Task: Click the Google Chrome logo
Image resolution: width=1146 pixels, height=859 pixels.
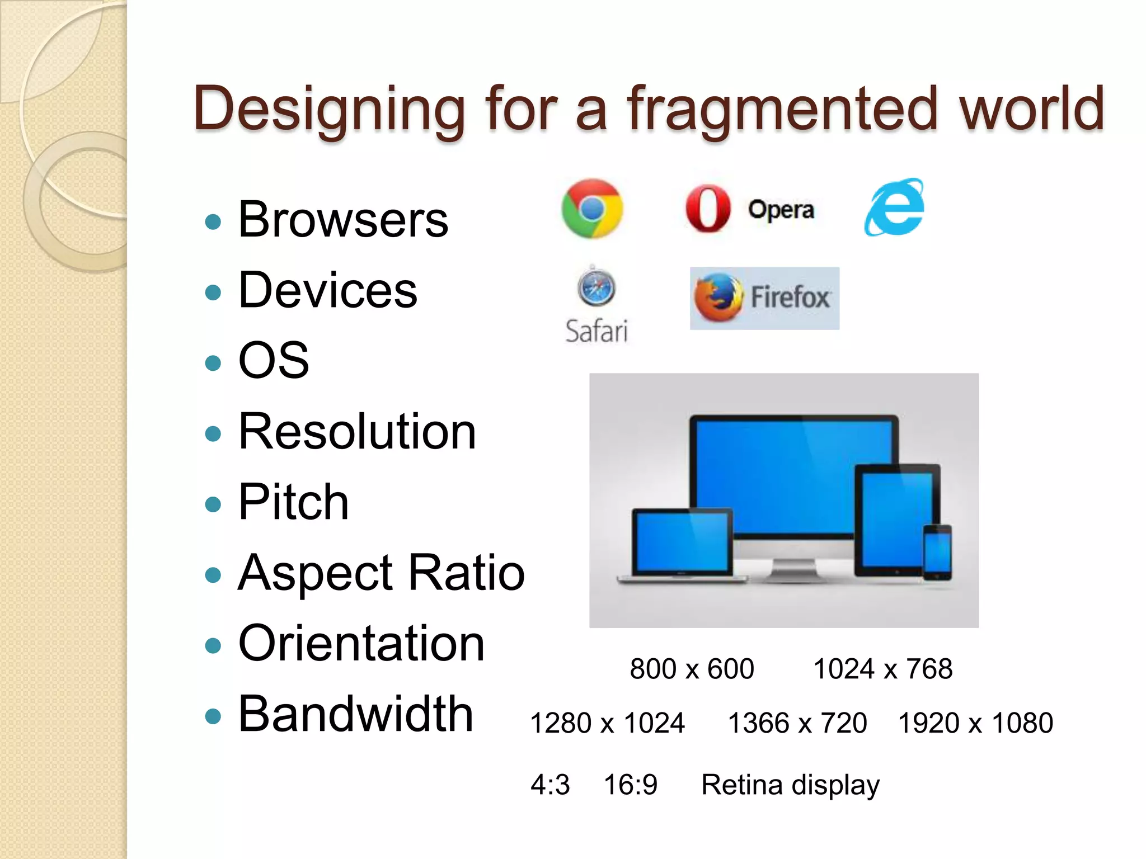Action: (x=592, y=209)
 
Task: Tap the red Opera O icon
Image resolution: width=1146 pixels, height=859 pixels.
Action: (x=708, y=209)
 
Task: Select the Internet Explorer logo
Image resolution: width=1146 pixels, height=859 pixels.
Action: (x=894, y=207)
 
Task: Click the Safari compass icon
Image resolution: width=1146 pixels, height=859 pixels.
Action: (x=596, y=288)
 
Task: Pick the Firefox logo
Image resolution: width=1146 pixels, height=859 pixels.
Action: (x=718, y=297)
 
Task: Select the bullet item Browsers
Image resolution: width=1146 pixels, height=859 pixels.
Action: (x=343, y=220)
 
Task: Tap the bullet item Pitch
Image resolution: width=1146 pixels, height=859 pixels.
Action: (x=293, y=502)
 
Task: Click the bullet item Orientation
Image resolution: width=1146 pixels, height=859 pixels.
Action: (x=361, y=644)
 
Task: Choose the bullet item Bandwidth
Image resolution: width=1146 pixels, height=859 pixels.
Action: (x=356, y=714)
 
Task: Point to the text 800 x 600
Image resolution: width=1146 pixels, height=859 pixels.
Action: (x=692, y=669)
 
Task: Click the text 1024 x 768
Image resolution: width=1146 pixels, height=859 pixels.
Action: (x=882, y=669)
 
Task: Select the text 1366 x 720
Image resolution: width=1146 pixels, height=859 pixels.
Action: (x=797, y=723)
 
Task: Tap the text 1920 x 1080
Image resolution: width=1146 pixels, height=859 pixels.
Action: (x=975, y=723)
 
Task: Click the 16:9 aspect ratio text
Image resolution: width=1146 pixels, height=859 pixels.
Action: (x=631, y=785)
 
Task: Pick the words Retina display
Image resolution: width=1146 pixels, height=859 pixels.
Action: (x=790, y=785)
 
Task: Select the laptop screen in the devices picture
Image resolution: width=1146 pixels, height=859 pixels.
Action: (x=682, y=541)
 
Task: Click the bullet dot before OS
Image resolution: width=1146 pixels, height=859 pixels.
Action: (x=213, y=363)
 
